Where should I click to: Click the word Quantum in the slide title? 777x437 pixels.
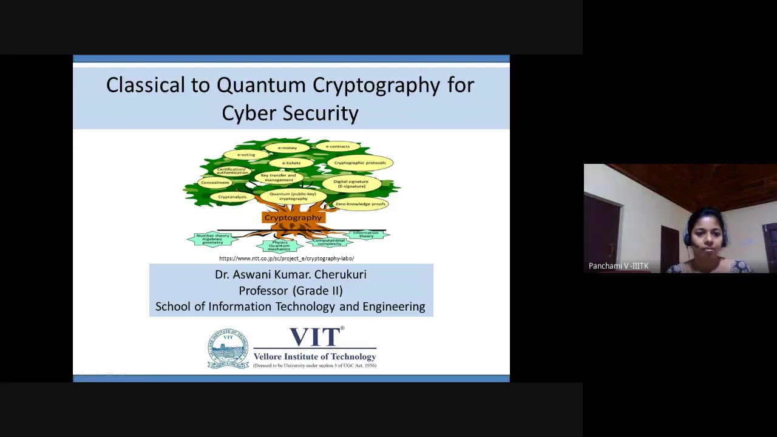point(261,85)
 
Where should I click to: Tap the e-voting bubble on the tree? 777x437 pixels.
point(246,155)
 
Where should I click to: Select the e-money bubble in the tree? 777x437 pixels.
point(287,147)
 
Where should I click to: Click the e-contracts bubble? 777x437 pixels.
point(338,146)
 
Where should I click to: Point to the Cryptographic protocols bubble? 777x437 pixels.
point(359,163)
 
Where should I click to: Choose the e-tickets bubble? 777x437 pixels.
point(291,163)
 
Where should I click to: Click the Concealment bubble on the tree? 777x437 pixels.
point(215,183)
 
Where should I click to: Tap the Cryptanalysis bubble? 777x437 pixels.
point(232,197)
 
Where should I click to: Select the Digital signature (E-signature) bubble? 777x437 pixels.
point(351,183)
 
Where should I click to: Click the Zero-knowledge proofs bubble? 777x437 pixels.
point(360,204)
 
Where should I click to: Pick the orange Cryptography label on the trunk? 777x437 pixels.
point(293,217)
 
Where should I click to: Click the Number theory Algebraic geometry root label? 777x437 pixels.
point(212,239)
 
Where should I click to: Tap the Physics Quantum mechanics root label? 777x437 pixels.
point(279,245)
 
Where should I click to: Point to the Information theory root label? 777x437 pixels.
point(365,234)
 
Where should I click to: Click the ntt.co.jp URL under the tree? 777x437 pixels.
point(287,259)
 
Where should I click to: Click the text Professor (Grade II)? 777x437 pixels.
point(291,291)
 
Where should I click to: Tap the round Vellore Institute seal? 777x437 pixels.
point(228,348)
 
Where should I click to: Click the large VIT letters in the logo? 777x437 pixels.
point(315,337)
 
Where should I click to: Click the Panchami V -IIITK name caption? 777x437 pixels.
point(618,266)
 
